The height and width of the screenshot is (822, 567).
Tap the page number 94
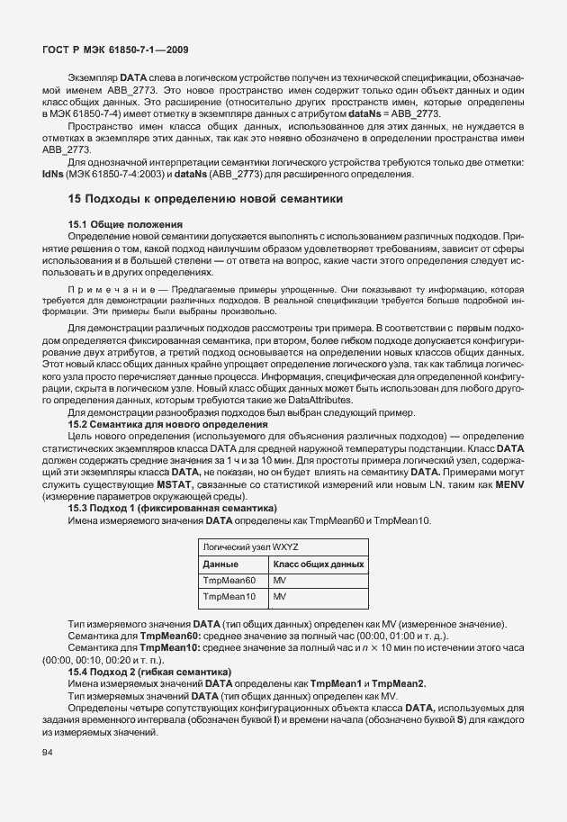pos(49,753)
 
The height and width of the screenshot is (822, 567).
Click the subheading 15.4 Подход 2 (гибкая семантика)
pos(149,672)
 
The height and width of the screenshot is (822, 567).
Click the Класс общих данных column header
pos(318,564)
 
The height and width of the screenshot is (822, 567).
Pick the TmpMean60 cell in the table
pos(230,580)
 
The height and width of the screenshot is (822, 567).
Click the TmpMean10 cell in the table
pos(230,596)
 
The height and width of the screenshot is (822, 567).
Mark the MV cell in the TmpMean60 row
pos(279,580)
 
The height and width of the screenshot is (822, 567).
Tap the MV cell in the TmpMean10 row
pos(279,596)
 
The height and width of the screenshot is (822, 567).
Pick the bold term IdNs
pos(51,174)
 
